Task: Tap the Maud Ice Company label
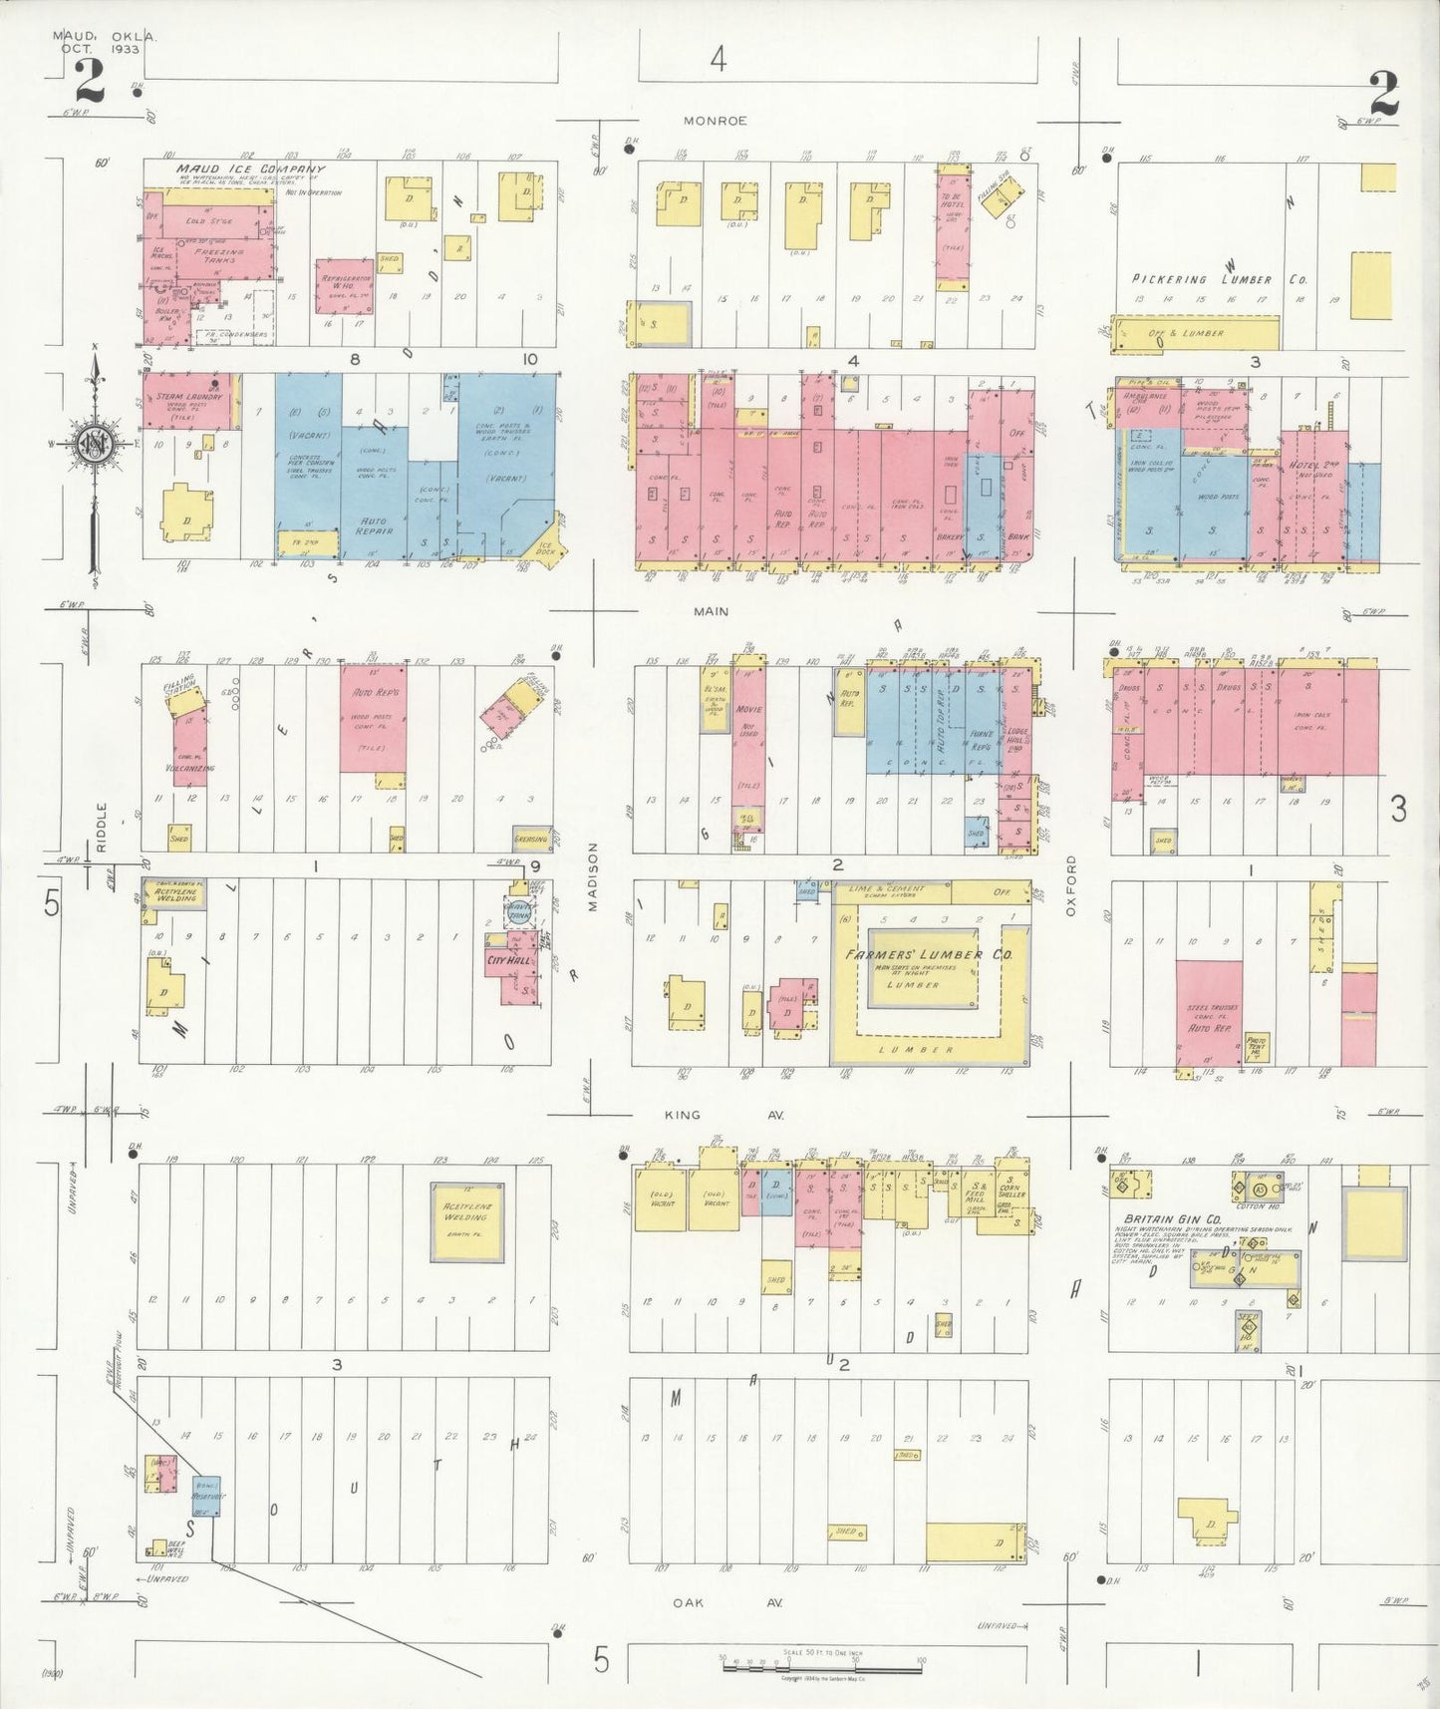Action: (x=251, y=170)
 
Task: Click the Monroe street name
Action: (x=715, y=121)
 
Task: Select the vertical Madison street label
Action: (x=594, y=876)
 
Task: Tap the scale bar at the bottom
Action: (x=822, y=1660)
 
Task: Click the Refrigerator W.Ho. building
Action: (x=345, y=286)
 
